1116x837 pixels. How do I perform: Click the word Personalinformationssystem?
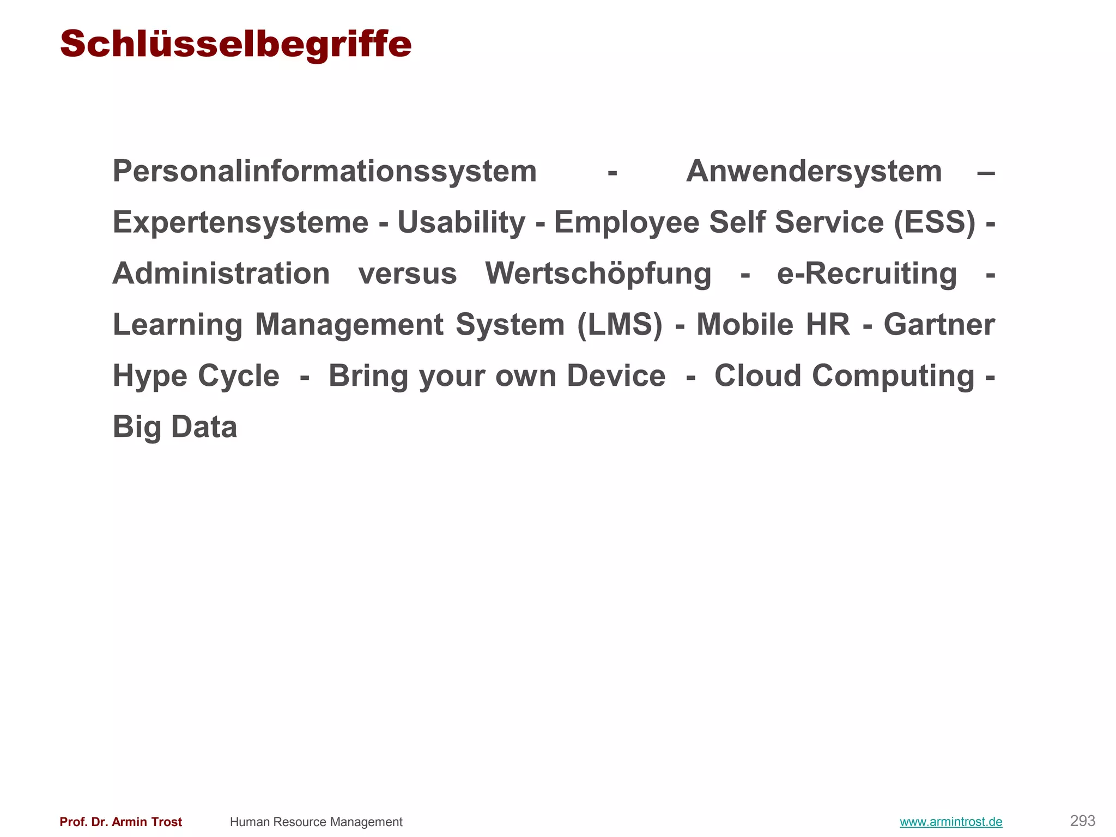tap(325, 172)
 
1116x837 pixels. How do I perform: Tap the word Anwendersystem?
tap(814, 172)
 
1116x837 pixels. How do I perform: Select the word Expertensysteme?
tap(240, 223)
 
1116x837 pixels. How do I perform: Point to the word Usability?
tap(461, 223)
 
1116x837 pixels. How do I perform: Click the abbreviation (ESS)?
tap(935, 223)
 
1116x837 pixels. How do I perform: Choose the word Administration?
tap(221, 274)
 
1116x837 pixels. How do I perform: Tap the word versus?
tap(408, 274)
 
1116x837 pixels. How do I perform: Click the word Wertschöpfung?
tap(598, 274)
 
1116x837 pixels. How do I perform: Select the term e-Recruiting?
tap(866, 274)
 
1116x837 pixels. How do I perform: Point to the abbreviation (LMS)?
tap(620, 325)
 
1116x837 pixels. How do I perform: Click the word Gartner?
tap(939, 325)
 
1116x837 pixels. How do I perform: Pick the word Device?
tap(616, 376)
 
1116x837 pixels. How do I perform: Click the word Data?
tap(204, 427)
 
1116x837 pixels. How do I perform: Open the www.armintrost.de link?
tap(951, 822)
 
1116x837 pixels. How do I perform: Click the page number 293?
tap(1082, 821)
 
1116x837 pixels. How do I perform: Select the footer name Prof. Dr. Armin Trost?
tap(121, 822)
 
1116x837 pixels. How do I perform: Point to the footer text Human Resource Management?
tap(316, 822)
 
